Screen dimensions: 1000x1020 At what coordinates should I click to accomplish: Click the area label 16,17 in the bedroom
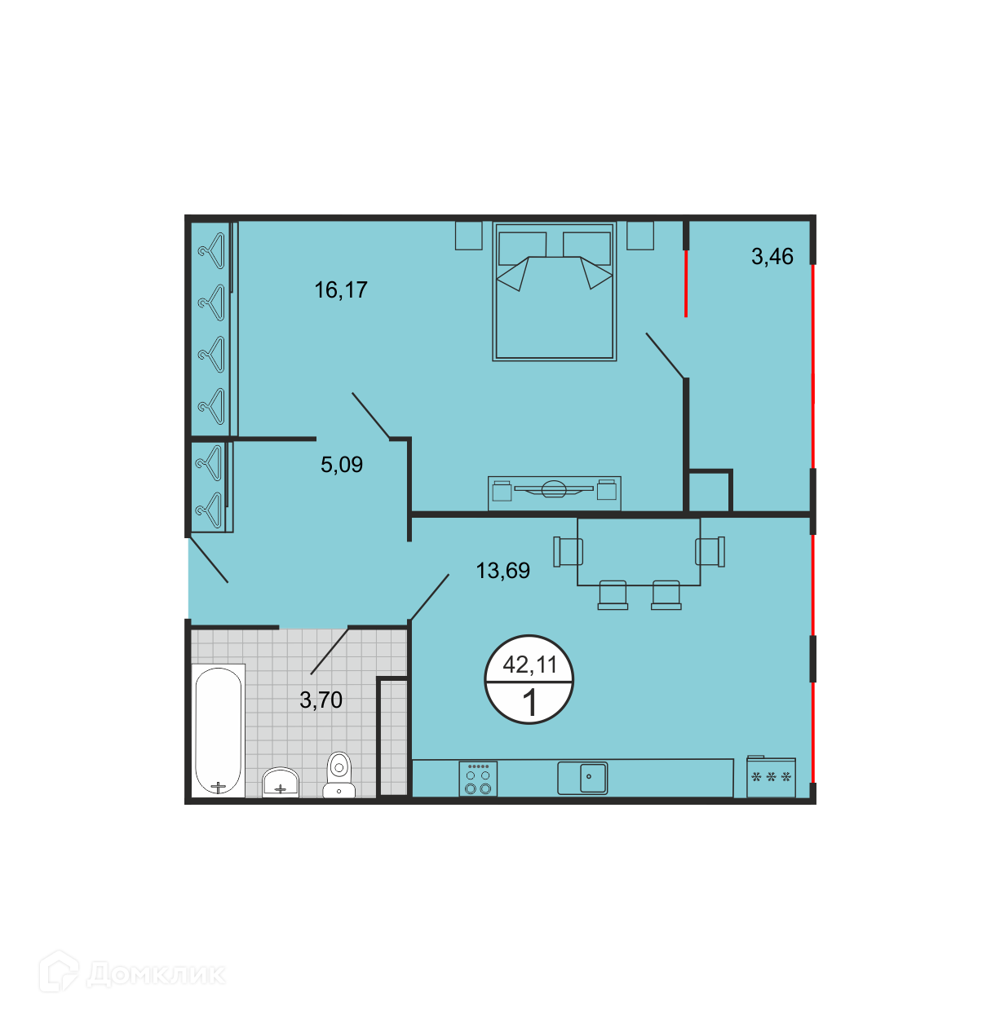tap(341, 290)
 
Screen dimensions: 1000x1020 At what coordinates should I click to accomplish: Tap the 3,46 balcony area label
tap(772, 257)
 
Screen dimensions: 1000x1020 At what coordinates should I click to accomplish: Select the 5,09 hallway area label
tap(342, 465)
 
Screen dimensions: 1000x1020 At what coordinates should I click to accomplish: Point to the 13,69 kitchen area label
tap(502, 571)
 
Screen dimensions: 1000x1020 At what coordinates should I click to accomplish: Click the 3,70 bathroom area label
tap(321, 700)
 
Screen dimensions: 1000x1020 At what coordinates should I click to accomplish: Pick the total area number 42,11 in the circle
tap(529, 665)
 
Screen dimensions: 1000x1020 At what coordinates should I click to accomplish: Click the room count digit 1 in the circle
tap(529, 703)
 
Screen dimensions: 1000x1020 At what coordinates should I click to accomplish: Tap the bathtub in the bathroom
tap(219, 731)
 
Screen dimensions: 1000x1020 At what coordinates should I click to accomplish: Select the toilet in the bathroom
tap(339, 775)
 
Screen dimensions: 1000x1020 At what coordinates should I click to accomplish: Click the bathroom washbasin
tap(281, 783)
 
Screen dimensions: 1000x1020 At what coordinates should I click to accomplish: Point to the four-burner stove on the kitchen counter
tap(478, 778)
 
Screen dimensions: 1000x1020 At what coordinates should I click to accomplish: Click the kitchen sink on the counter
tap(582, 778)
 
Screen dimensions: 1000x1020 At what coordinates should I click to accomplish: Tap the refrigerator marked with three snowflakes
tap(771, 776)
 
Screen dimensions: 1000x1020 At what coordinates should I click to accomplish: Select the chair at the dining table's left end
tap(568, 551)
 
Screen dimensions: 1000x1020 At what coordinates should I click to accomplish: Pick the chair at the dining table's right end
tap(710, 551)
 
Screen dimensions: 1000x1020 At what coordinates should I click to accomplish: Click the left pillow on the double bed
tap(522, 248)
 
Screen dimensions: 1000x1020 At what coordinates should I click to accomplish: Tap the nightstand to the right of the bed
tap(640, 236)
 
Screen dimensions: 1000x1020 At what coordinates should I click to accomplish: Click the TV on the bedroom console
tap(554, 489)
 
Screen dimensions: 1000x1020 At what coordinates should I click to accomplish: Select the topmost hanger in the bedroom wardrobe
tap(212, 251)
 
